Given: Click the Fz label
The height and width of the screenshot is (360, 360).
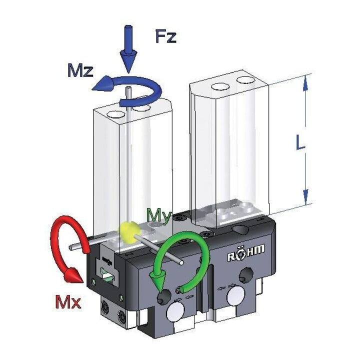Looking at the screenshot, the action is pyautogui.click(x=166, y=36).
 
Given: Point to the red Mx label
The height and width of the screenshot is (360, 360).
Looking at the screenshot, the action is pyautogui.click(x=68, y=302).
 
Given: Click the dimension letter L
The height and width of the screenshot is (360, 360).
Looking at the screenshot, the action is pyautogui.click(x=300, y=142).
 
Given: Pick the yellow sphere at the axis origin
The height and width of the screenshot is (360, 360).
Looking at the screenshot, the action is pyautogui.click(x=128, y=231).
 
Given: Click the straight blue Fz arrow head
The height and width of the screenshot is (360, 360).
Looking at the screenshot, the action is pyautogui.click(x=128, y=62).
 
